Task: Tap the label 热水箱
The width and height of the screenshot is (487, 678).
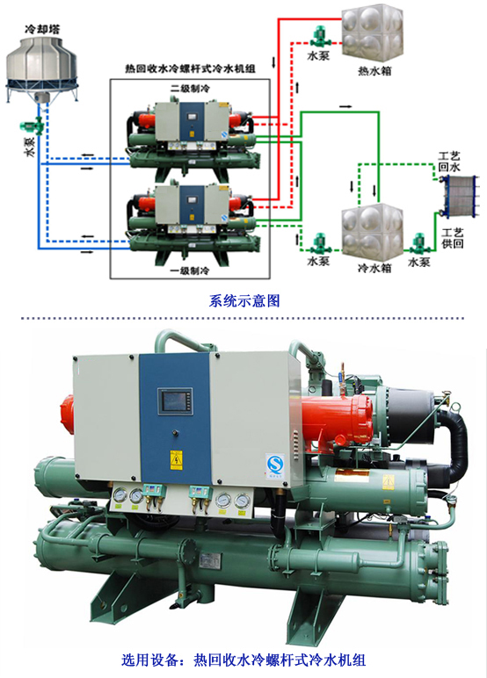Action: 374,70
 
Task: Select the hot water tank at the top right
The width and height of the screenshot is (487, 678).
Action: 373,32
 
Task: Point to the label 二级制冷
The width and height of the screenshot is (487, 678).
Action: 190,89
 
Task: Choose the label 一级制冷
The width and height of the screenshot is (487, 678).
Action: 190,270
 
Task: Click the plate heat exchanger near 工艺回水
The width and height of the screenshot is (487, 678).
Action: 458,197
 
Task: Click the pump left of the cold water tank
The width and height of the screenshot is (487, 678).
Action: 319,244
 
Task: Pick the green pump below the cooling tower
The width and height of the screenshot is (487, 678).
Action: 33,126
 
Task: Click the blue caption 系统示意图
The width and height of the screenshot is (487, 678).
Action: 244,300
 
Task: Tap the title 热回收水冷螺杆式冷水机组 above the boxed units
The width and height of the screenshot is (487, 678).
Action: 190,69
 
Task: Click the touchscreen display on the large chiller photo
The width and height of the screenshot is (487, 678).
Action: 174,400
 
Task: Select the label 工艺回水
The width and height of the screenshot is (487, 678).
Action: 449,162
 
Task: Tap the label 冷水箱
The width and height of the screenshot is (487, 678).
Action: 374,268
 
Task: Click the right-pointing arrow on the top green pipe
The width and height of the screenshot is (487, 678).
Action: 345,106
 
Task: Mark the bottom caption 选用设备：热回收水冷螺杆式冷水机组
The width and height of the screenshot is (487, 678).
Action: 243,660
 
